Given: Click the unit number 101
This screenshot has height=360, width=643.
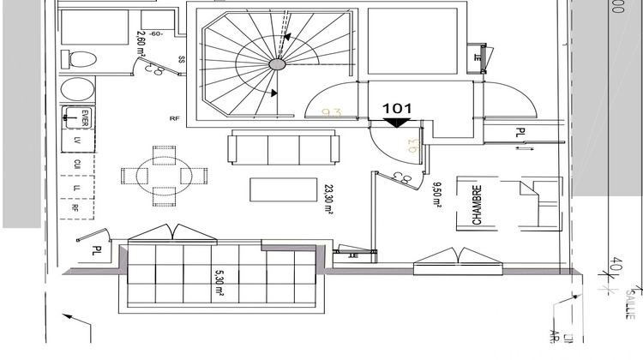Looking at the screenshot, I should pos(398,109).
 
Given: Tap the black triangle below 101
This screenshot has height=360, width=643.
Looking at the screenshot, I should pos(397,123).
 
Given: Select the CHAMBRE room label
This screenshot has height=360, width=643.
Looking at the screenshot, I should pos(477,206).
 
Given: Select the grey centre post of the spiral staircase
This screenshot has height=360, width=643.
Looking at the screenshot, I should pos(277,64).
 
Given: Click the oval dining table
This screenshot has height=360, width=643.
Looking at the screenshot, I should pos(164,176).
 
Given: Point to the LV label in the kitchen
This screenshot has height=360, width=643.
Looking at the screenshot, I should pos(76,140).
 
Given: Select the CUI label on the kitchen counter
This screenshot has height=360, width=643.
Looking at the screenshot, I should pos(76,163).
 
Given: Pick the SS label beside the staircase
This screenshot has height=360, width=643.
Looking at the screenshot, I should pos(182,60).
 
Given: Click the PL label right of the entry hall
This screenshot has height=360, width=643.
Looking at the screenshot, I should pos(520,133).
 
